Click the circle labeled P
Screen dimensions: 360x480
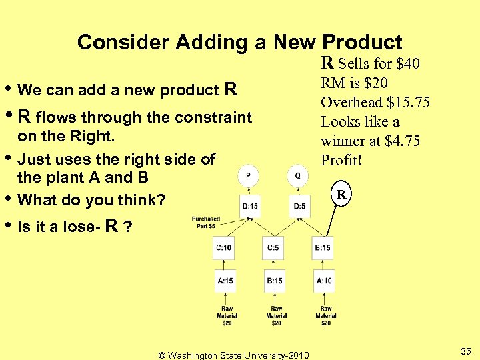click(248, 176)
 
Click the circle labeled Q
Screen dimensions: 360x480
click(297, 176)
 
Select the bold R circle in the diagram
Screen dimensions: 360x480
click(340, 195)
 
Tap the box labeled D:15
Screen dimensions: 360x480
click(249, 207)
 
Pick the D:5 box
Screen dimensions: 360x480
click(299, 207)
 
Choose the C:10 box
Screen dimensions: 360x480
click(224, 248)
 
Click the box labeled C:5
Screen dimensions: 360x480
click(274, 248)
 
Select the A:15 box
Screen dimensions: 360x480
click(225, 281)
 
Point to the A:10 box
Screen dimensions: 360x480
click(325, 281)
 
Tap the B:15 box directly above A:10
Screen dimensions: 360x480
click(323, 248)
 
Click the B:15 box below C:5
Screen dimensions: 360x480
click(275, 281)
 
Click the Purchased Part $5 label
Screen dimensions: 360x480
click(206, 222)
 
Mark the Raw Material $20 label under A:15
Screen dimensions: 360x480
click(227, 315)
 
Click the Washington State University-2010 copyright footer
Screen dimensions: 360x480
click(233, 355)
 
